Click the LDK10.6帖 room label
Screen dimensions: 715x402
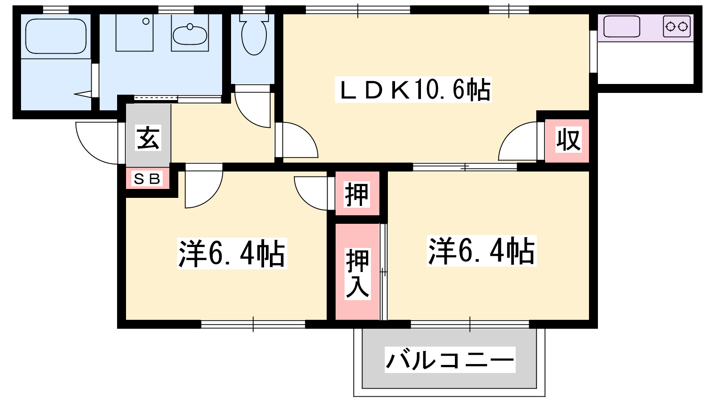point(413,90)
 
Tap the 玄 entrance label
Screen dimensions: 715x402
point(148,138)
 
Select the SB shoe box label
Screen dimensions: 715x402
point(147,179)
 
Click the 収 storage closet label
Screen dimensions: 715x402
point(568,139)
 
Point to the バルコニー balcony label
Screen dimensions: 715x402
point(450,360)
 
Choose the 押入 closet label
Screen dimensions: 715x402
point(357,274)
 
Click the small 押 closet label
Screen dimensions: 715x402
point(357,194)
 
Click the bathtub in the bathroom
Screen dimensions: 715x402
point(56,36)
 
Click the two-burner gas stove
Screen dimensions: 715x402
point(677,26)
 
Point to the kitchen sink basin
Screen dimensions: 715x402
point(622,26)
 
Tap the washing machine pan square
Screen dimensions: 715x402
point(135,33)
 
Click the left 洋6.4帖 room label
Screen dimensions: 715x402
point(232,254)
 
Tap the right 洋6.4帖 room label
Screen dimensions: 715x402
point(481,251)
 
